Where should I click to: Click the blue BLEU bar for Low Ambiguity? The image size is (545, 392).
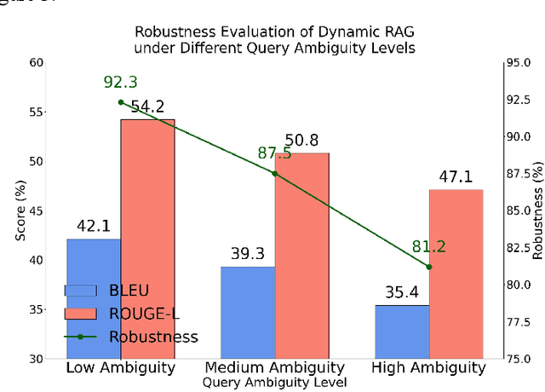(x=93, y=298)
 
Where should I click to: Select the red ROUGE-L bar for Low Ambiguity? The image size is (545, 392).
(x=147, y=239)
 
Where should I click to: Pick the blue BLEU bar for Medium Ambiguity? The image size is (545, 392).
(x=247, y=312)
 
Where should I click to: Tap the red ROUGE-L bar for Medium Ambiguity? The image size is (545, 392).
(x=301, y=256)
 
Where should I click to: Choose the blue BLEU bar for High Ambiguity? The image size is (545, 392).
(x=402, y=331)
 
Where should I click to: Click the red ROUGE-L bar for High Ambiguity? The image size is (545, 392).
(x=456, y=273)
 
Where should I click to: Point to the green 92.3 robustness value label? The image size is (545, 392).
(x=120, y=83)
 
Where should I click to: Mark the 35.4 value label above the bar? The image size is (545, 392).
(x=402, y=293)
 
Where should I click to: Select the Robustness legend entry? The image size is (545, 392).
(x=153, y=336)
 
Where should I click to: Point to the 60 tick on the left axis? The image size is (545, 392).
(x=35, y=62)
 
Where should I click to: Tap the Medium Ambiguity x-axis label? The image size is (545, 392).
(x=274, y=368)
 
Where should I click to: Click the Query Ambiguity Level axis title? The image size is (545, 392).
(x=274, y=383)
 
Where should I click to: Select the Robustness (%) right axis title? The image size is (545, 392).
(x=537, y=210)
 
